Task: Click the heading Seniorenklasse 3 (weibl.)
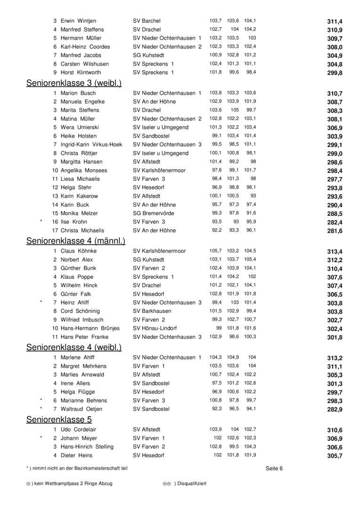tap(74, 83)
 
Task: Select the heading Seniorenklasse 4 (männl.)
tap(75, 241)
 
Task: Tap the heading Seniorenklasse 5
tap(59, 419)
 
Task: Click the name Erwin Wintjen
tap(78, 21)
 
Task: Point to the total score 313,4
tap(335, 252)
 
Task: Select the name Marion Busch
tap(78, 93)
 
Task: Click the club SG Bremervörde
tap(153, 213)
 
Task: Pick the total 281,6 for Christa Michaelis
tap(335, 231)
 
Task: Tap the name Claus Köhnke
tap(79, 251)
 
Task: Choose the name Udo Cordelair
tap(79, 430)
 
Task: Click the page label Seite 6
tap(274, 468)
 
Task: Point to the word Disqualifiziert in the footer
tap(190, 484)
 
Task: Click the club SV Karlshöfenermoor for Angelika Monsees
tap(159, 171)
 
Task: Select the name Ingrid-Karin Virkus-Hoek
tap(91, 145)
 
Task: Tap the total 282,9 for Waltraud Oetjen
tap(335, 410)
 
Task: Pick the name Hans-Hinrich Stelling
tap(87, 447)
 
